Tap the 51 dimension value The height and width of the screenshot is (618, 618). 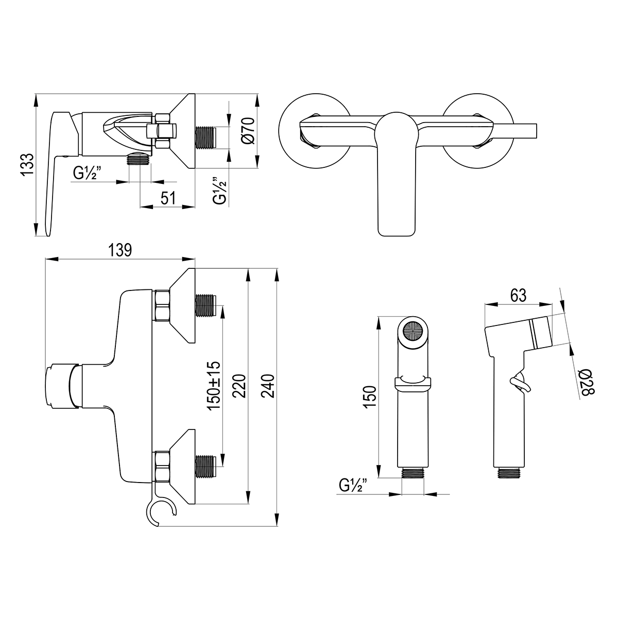168,198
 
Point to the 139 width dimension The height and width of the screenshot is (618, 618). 120,250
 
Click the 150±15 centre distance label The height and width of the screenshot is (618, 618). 214,386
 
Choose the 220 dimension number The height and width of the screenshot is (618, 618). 239,386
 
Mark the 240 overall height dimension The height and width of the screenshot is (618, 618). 268,386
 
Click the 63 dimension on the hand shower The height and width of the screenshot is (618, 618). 518,296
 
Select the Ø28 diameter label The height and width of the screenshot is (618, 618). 587,382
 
